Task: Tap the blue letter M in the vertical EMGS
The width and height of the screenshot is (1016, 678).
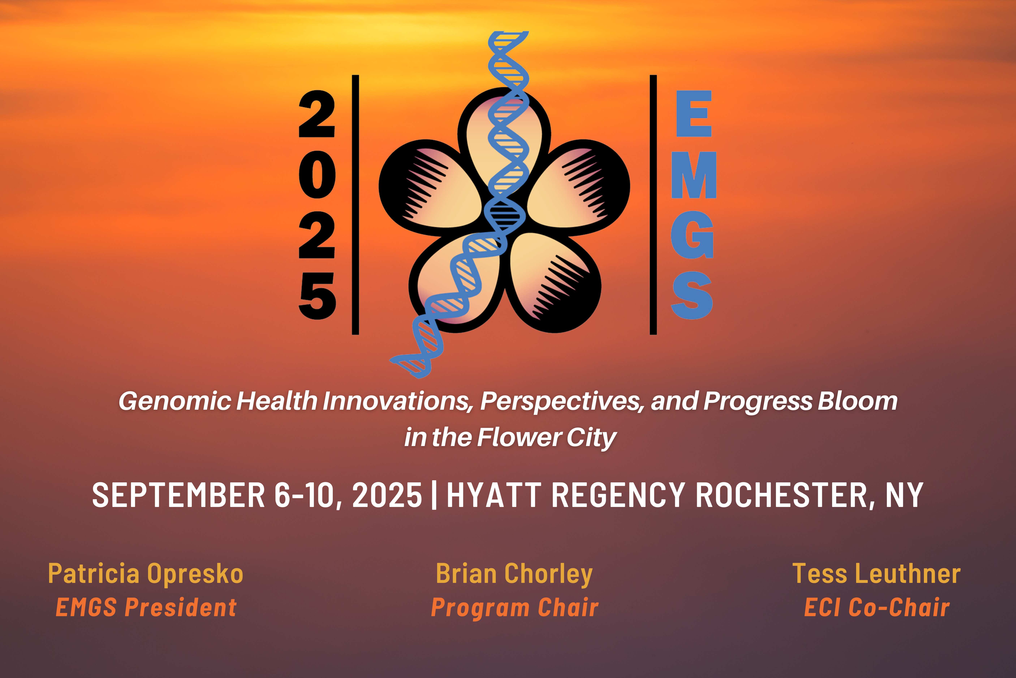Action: (x=694, y=175)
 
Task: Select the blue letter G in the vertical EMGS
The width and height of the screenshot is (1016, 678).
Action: (x=692, y=235)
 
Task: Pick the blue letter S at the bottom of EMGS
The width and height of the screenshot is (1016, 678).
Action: (x=692, y=295)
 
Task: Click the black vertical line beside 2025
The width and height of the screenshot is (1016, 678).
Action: (x=355, y=205)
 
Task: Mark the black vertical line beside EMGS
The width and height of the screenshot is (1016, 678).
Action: (x=653, y=205)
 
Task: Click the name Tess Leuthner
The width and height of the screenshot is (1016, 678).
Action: (x=877, y=574)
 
